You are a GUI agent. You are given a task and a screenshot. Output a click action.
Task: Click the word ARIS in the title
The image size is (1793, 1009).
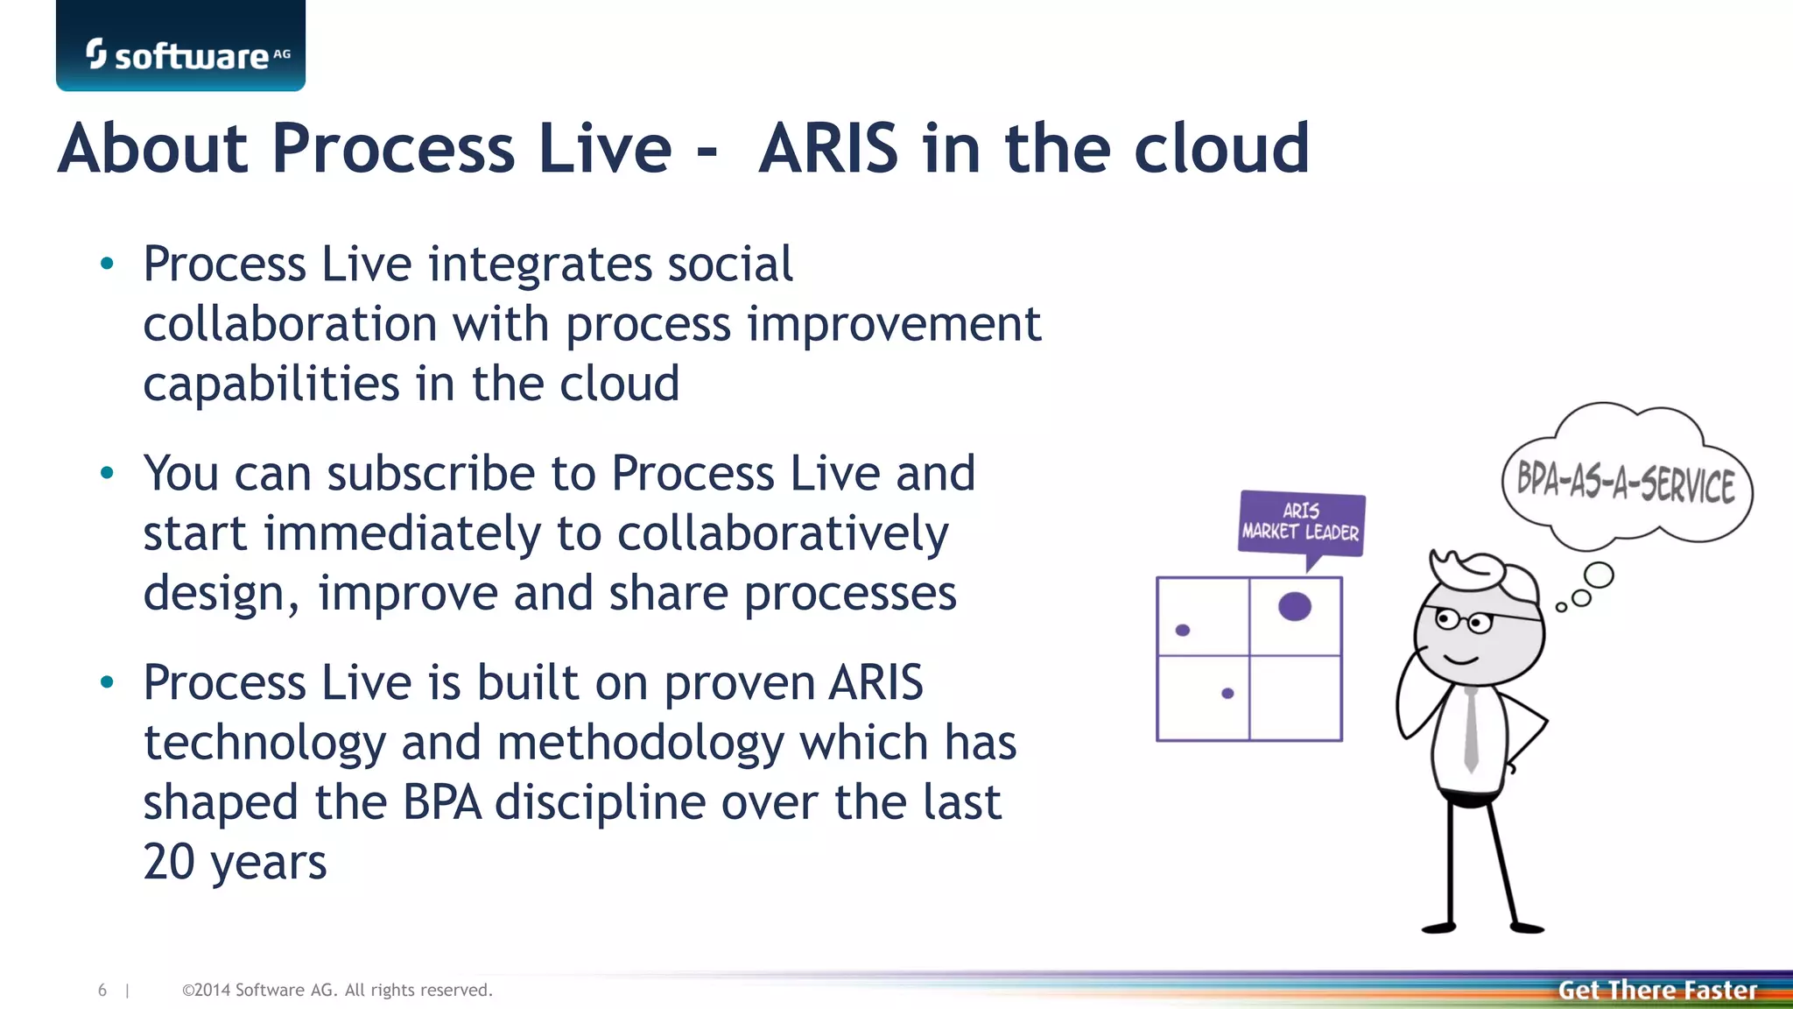click(x=828, y=149)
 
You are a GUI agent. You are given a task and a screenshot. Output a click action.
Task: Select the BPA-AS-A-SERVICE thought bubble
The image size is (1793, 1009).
click(x=1626, y=483)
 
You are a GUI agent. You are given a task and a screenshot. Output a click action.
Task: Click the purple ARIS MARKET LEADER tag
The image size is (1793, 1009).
click(x=1301, y=522)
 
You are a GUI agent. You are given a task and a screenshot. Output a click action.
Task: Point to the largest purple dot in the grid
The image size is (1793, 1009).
click(x=1295, y=606)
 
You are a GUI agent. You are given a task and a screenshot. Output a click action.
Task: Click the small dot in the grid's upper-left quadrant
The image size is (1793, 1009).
click(x=1183, y=630)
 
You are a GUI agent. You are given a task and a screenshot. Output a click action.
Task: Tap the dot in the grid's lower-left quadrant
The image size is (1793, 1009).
click(x=1227, y=693)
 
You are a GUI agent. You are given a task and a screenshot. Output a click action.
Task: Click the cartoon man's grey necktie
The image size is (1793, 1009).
click(x=1472, y=727)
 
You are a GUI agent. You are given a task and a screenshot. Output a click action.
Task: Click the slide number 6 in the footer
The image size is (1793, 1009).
click(x=102, y=990)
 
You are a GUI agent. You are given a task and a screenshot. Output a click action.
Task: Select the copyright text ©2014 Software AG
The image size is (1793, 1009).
click(x=337, y=990)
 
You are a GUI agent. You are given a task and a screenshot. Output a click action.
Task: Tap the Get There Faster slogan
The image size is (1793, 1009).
click(x=1657, y=990)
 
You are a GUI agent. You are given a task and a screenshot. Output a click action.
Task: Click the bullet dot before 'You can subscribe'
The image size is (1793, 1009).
click(x=108, y=474)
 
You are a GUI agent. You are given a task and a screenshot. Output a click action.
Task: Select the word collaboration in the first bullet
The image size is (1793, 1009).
click(x=290, y=325)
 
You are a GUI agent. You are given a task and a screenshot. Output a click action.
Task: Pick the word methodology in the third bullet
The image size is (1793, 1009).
click(x=640, y=743)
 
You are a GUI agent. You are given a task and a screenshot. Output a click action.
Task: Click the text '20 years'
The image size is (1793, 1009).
click(x=235, y=862)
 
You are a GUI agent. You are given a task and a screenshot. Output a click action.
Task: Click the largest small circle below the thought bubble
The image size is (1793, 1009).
click(x=1599, y=575)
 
